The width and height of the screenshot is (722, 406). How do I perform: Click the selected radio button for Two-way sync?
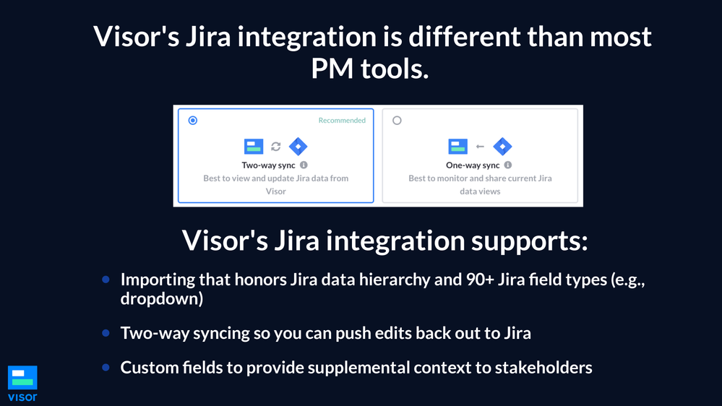click(x=193, y=121)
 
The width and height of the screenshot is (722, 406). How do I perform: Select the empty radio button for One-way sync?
click(x=397, y=121)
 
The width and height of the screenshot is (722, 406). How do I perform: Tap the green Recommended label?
click(x=342, y=121)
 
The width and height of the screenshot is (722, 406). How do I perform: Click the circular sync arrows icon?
click(x=276, y=147)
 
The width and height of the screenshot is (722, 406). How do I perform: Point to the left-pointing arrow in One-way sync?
click(x=480, y=147)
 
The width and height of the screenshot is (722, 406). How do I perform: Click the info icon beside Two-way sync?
click(x=304, y=165)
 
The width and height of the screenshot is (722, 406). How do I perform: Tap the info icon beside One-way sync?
click(x=508, y=165)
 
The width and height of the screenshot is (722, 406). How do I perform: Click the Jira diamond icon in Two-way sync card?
click(x=298, y=147)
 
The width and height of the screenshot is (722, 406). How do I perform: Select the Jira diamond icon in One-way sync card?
click(x=502, y=147)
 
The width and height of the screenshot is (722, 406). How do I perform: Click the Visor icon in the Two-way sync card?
click(x=254, y=147)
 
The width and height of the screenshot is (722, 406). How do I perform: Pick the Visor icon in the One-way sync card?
click(x=457, y=147)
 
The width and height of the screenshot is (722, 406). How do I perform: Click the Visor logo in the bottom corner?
click(x=22, y=384)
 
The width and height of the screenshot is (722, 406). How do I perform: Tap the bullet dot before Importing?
click(x=106, y=280)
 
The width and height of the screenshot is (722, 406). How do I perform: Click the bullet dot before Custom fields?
click(x=106, y=367)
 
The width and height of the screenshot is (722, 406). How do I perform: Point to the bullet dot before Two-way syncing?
click(x=106, y=333)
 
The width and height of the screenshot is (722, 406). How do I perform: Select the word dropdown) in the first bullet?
click(x=162, y=298)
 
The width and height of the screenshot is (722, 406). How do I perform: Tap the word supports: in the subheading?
click(x=529, y=241)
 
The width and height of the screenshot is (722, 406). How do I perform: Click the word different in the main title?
click(x=465, y=36)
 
